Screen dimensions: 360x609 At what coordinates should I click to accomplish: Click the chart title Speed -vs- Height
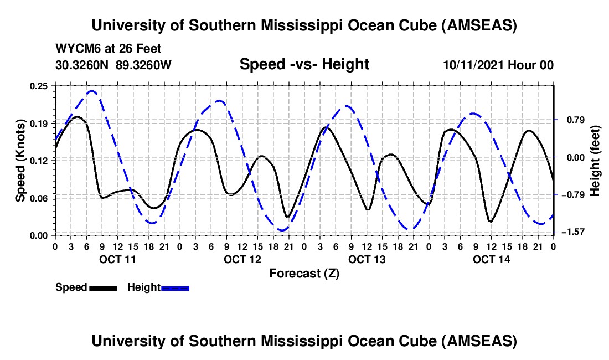(x=304, y=65)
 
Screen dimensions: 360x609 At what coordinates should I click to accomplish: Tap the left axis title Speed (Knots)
(x=20, y=161)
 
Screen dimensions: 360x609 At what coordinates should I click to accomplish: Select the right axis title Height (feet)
(x=595, y=161)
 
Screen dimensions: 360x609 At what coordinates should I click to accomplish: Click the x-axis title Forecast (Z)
(x=304, y=273)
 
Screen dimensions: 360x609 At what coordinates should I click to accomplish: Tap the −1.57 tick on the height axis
(x=574, y=232)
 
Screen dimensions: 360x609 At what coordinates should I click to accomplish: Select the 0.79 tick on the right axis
(x=571, y=120)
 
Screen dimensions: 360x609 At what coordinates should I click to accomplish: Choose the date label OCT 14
(x=491, y=259)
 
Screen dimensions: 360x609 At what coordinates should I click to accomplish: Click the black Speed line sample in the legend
(x=102, y=288)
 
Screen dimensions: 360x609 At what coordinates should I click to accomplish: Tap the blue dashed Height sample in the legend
(x=175, y=288)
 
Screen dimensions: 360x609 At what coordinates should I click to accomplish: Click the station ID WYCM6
(x=77, y=49)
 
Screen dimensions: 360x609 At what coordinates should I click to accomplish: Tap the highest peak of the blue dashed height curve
(x=92, y=91)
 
